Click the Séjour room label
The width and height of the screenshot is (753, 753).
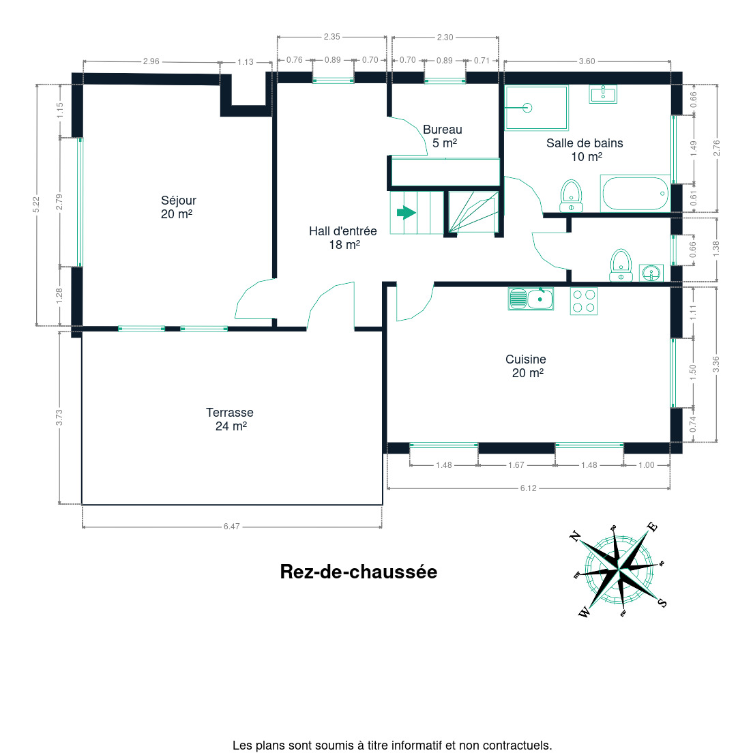tap(178, 207)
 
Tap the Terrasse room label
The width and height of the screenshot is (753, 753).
tap(230, 419)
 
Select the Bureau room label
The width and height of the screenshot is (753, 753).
tap(443, 136)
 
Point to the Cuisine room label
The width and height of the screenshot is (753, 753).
tap(527, 366)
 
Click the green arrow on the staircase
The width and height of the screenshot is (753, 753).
tap(407, 212)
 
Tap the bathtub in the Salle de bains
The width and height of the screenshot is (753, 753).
tap(635, 194)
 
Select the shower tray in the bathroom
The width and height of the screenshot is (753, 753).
tap(536, 108)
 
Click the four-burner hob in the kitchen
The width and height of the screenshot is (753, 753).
tap(584, 301)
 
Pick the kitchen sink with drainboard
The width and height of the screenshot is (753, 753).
tap(531, 299)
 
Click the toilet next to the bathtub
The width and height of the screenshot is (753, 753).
tap(571, 196)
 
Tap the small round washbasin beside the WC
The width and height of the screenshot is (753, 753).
tap(651, 274)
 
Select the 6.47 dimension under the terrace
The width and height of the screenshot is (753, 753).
tap(231, 527)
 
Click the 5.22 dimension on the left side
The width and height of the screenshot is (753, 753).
tap(36, 205)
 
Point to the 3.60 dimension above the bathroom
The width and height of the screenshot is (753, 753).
tap(587, 61)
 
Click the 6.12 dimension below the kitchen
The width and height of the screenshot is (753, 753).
tap(528, 488)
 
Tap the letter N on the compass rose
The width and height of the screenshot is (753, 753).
tap(575, 536)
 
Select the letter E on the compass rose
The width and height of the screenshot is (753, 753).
tap(652, 527)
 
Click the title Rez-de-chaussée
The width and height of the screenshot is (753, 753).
tap(359, 572)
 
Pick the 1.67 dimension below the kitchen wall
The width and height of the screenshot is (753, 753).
tap(516, 465)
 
